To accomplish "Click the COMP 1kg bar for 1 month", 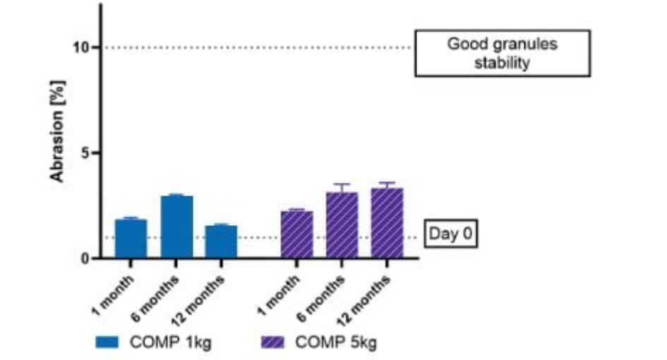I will [131, 239].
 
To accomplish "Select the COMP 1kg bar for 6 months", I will [176, 227].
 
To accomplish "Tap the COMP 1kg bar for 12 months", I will [221, 241].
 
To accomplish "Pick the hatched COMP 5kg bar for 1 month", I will [296, 234].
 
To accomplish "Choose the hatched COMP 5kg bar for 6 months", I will [342, 225].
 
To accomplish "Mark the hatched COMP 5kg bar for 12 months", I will [387, 223].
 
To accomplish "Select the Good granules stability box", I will [502, 53].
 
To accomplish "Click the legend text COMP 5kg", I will [335, 343].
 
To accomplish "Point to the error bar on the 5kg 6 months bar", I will [342, 188].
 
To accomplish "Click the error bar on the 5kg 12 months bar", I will [387, 185].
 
